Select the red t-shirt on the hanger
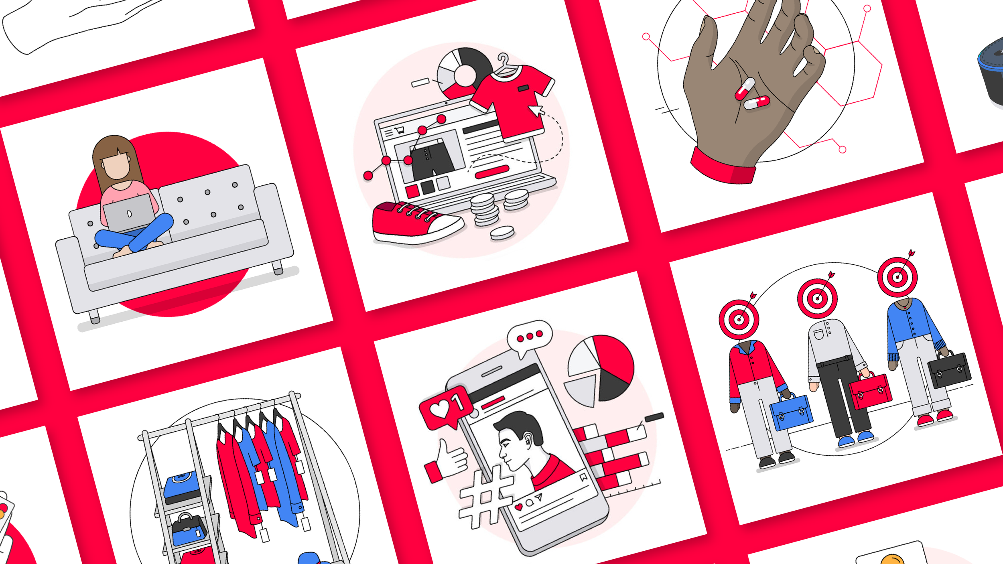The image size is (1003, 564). pyautogui.click(x=514, y=100)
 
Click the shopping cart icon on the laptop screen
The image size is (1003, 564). pyautogui.click(x=399, y=130)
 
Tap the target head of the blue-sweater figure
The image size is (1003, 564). pyautogui.click(x=897, y=277)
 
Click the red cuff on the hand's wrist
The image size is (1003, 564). pyautogui.click(x=722, y=166)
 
